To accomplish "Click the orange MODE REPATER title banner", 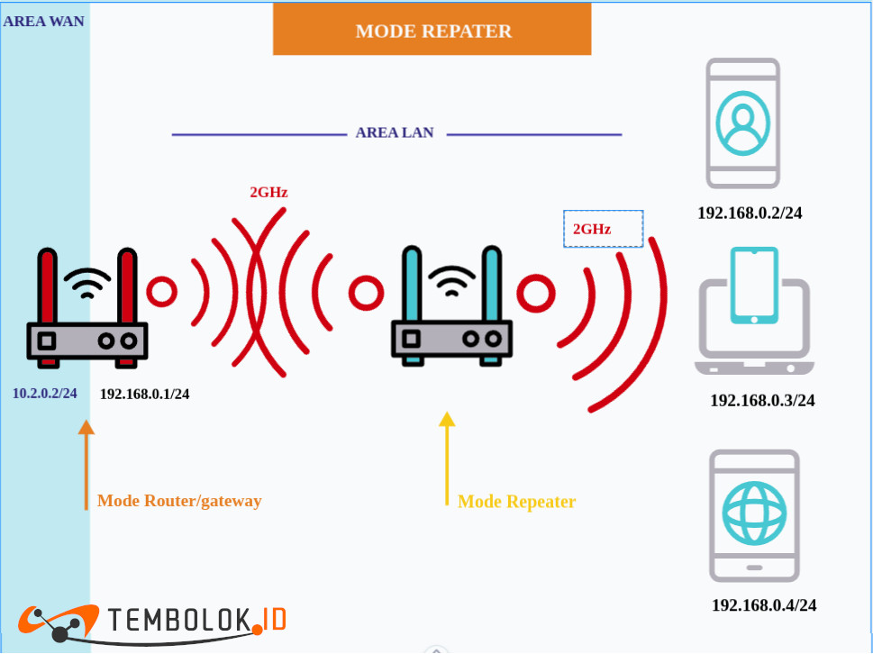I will [x=432, y=31].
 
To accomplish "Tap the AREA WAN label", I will [x=44, y=21].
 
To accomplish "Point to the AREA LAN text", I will [x=395, y=133].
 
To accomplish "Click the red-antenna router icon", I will [x=86, y=310].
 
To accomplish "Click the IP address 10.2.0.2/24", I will [x=45, y=394].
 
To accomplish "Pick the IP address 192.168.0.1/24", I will [x=144, y=394].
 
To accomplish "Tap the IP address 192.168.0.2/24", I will [x=750, y=213].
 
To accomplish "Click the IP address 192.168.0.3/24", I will [x=762, y=401].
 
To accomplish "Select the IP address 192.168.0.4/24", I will [x=764, y=605].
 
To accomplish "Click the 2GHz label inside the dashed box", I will [x=593, y=230].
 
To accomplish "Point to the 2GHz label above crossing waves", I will [x=268, y=192].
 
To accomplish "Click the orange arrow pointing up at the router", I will [x=86, y=464].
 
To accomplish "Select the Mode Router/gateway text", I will [x=179, y=501].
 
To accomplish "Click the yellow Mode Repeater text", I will [x=516, y=502].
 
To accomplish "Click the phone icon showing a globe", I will [x=754, y=515].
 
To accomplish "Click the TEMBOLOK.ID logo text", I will [x=196, y=621].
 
